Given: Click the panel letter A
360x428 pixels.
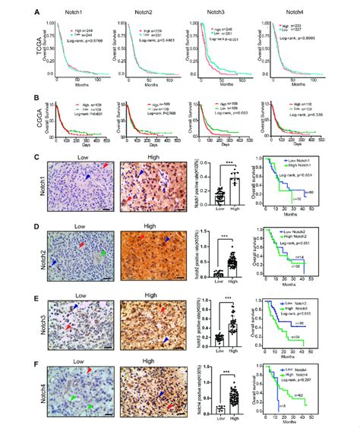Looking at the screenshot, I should click(39, 10).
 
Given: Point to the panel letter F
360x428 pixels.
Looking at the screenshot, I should click(39, 364).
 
